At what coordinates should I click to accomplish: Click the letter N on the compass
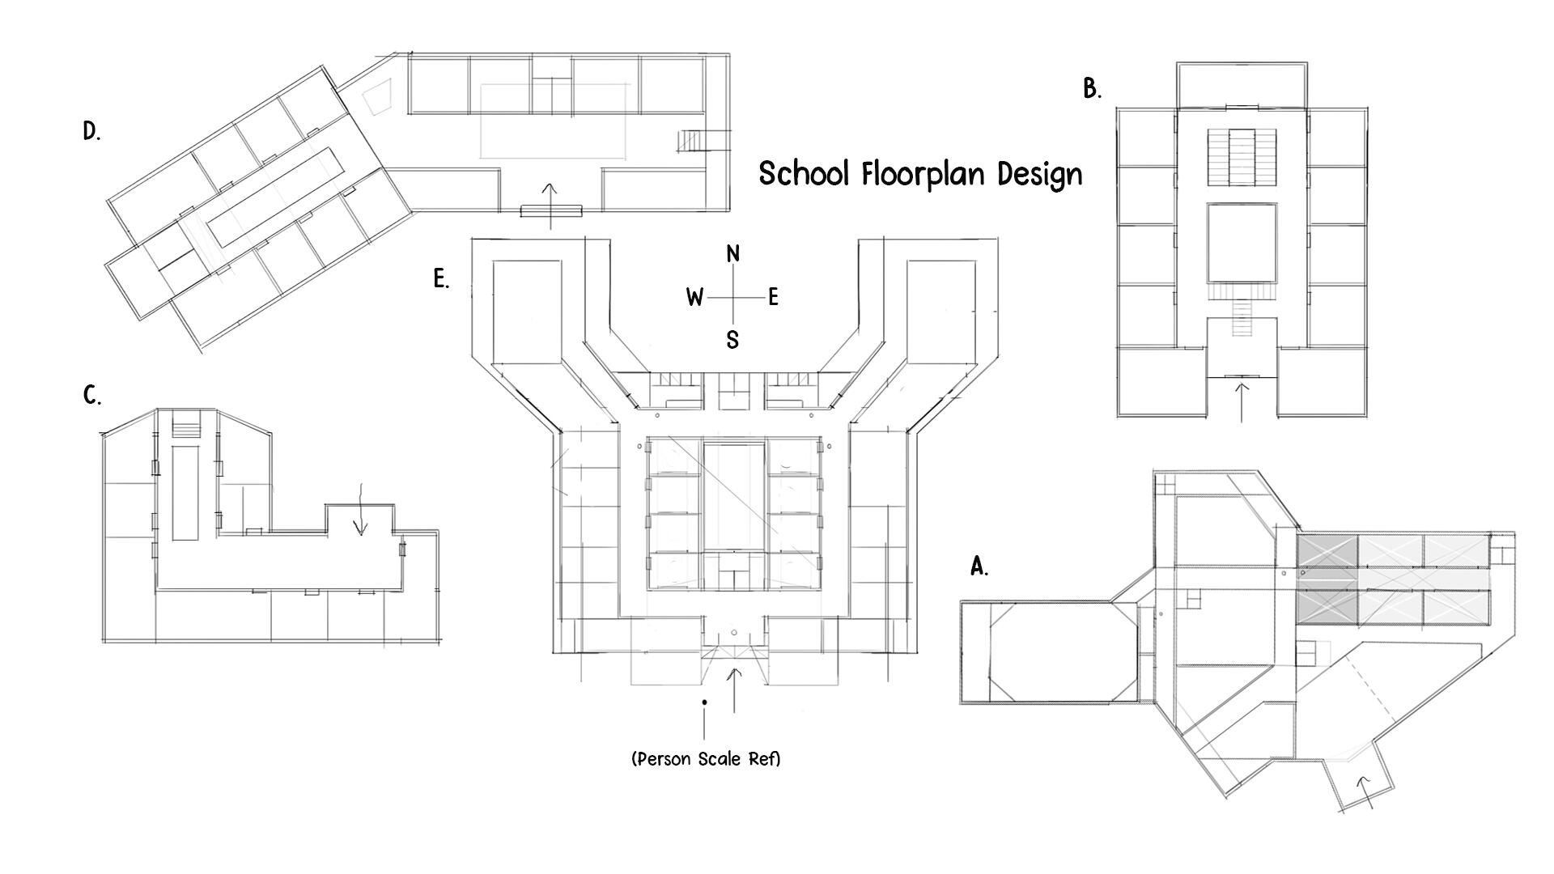click(732, 254)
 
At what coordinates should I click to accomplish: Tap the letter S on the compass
click(732, 340)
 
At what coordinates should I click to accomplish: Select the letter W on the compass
click(694, 298)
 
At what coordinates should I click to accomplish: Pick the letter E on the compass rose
click(773, 298)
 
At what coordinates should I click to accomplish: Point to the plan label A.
click(979, 567)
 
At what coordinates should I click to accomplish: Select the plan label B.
click(1091, 89)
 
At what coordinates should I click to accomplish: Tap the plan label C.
click(91, 396)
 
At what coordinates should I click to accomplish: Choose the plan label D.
click(91, 132)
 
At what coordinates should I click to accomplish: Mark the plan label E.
click(440, 280)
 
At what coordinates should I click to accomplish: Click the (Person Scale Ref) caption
click(706, 759)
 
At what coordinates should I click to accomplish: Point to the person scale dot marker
click(705, 702)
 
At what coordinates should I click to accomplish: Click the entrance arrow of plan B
click(1242, 401)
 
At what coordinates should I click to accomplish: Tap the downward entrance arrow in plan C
click(360, 510)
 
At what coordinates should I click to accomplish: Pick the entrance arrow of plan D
click(550, 205)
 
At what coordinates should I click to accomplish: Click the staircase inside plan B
click(1242, 157)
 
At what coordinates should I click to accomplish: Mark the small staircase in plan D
click(692, 142)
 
